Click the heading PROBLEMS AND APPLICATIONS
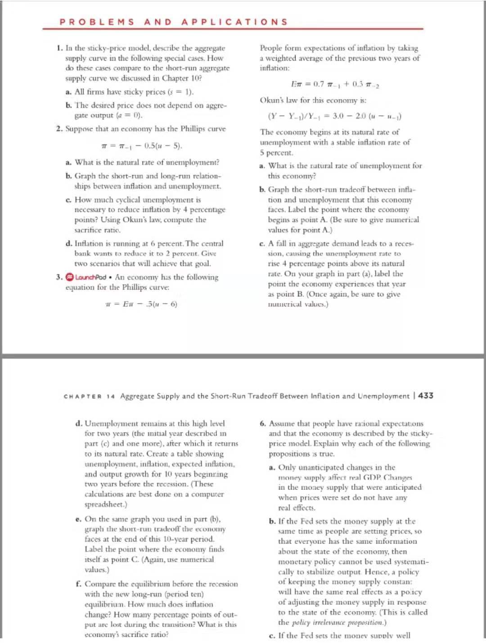(x=173, y=22)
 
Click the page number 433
(x=426, y=396)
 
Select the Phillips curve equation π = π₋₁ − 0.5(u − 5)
(x=142, y=146)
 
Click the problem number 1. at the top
(x=60, y=48)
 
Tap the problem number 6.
(x=263, y=423)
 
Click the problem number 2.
(x=60, y=129)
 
